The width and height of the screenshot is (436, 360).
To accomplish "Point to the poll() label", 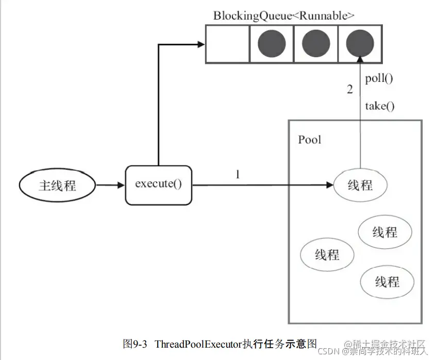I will tap(379, 79).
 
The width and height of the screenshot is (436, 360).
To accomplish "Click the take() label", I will tap(380, 106).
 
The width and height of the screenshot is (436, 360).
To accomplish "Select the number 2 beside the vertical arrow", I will tap(350, 90).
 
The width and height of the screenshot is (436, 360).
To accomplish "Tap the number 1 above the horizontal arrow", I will tap(238, 175).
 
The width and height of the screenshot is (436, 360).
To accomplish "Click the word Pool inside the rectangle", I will tap(309, 140).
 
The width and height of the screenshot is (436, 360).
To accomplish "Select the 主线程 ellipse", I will tap(57, 185).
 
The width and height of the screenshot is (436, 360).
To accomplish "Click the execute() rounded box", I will tap(158, 184).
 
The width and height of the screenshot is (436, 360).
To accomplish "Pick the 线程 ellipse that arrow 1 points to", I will tap(360, 185).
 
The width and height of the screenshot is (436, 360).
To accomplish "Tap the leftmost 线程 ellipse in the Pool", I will tap(327, 254).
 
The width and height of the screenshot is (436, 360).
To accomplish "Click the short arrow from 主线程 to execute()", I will tap(110, 185).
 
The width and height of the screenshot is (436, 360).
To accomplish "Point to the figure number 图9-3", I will tap(136, 344).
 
